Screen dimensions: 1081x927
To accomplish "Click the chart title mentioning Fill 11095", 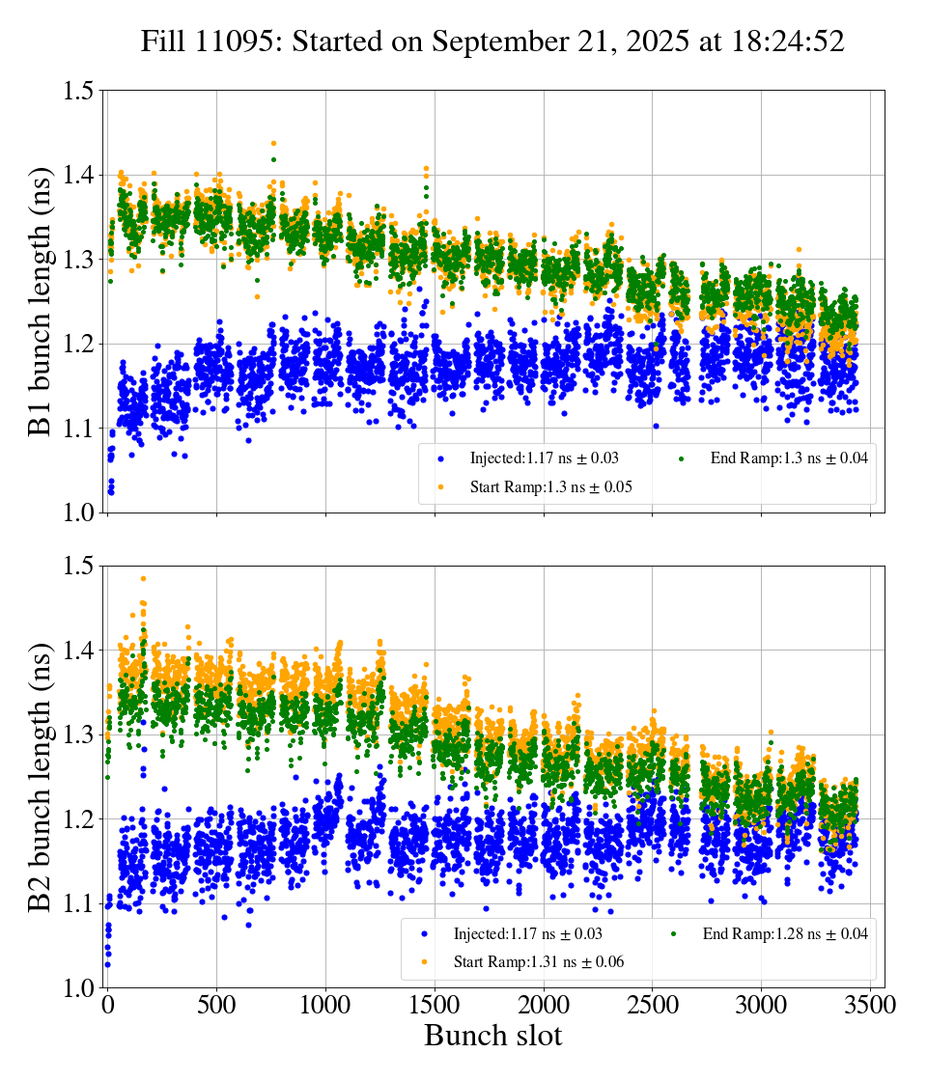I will pos(492,42).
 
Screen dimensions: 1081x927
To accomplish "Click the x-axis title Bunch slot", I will pos(492,1036).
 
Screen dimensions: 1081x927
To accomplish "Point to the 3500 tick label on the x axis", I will pos(871,1005).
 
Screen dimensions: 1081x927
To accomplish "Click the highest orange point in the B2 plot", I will pos(143,579).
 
